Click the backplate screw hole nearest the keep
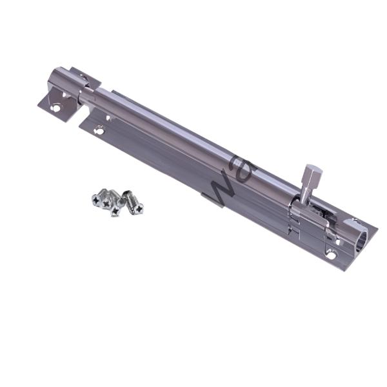pyautogui.click(x=99, y=130)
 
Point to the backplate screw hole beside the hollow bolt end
pyautogui.click(x=331, y=255)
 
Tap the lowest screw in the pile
pyautogui.click(x=115, y=210)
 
